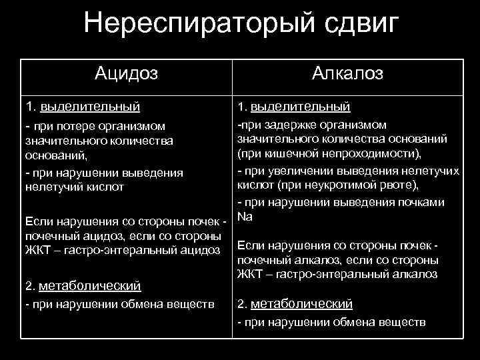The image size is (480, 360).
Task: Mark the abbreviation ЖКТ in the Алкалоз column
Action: [249, 273]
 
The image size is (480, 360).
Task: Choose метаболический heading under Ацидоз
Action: [90, 286]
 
